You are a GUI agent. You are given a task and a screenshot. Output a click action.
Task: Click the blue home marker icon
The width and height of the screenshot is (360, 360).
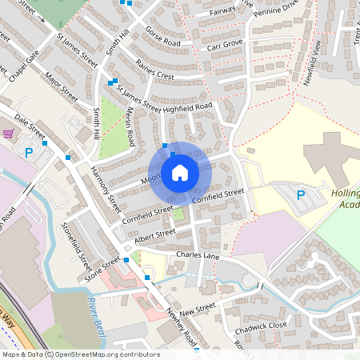pyautogui.click(x=179, y=173)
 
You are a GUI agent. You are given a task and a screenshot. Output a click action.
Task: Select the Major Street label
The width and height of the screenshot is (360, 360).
pyautogui.click(x=61, y=87)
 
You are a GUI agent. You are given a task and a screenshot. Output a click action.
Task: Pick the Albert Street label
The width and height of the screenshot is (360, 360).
pyautogui.click(x=154, y=234)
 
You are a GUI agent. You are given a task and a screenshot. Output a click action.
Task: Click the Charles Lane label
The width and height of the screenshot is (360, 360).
pyautogui.click(x=198, y=256)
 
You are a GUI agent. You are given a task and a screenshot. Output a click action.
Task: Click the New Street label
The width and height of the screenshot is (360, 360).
pyautogui.click(x=198, y=308)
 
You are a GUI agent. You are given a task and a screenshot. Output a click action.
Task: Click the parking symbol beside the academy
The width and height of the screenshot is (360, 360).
pyautogui.click(x=301, y=194)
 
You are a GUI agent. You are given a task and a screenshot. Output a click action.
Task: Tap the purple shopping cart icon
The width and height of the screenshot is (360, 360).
pyautogui.click(x=9, y=134)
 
